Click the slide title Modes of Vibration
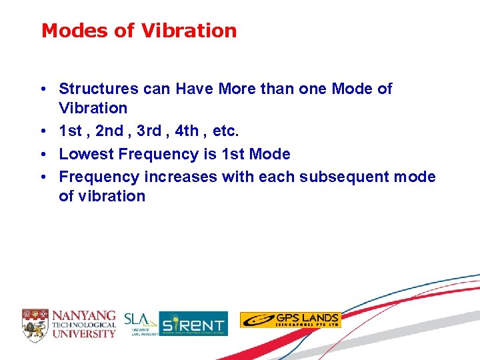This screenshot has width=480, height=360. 139,31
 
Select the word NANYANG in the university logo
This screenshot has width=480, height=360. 84,315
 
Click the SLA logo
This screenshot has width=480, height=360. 139,322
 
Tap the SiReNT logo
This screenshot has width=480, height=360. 193,323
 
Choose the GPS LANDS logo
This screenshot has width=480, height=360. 290,320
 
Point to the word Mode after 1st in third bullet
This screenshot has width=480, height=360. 269,154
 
